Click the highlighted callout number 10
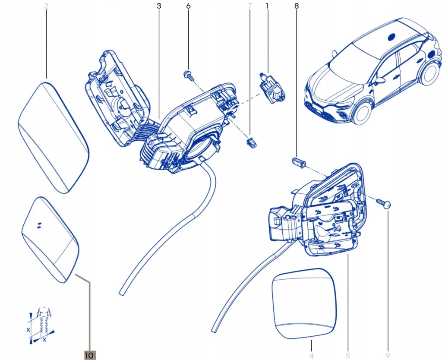pos(89,355)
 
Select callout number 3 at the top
pos(159,6)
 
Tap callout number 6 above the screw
pos(188,6)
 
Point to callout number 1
pos(267,6)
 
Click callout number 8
pos(296,6)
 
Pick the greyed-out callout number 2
pos(46,6)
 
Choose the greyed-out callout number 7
pos(249,6)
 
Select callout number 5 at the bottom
pos(347,356)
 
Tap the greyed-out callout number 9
pos(388,356)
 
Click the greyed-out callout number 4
pos(311,356)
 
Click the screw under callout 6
pos(188,75)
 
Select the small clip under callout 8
pos(298,162)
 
